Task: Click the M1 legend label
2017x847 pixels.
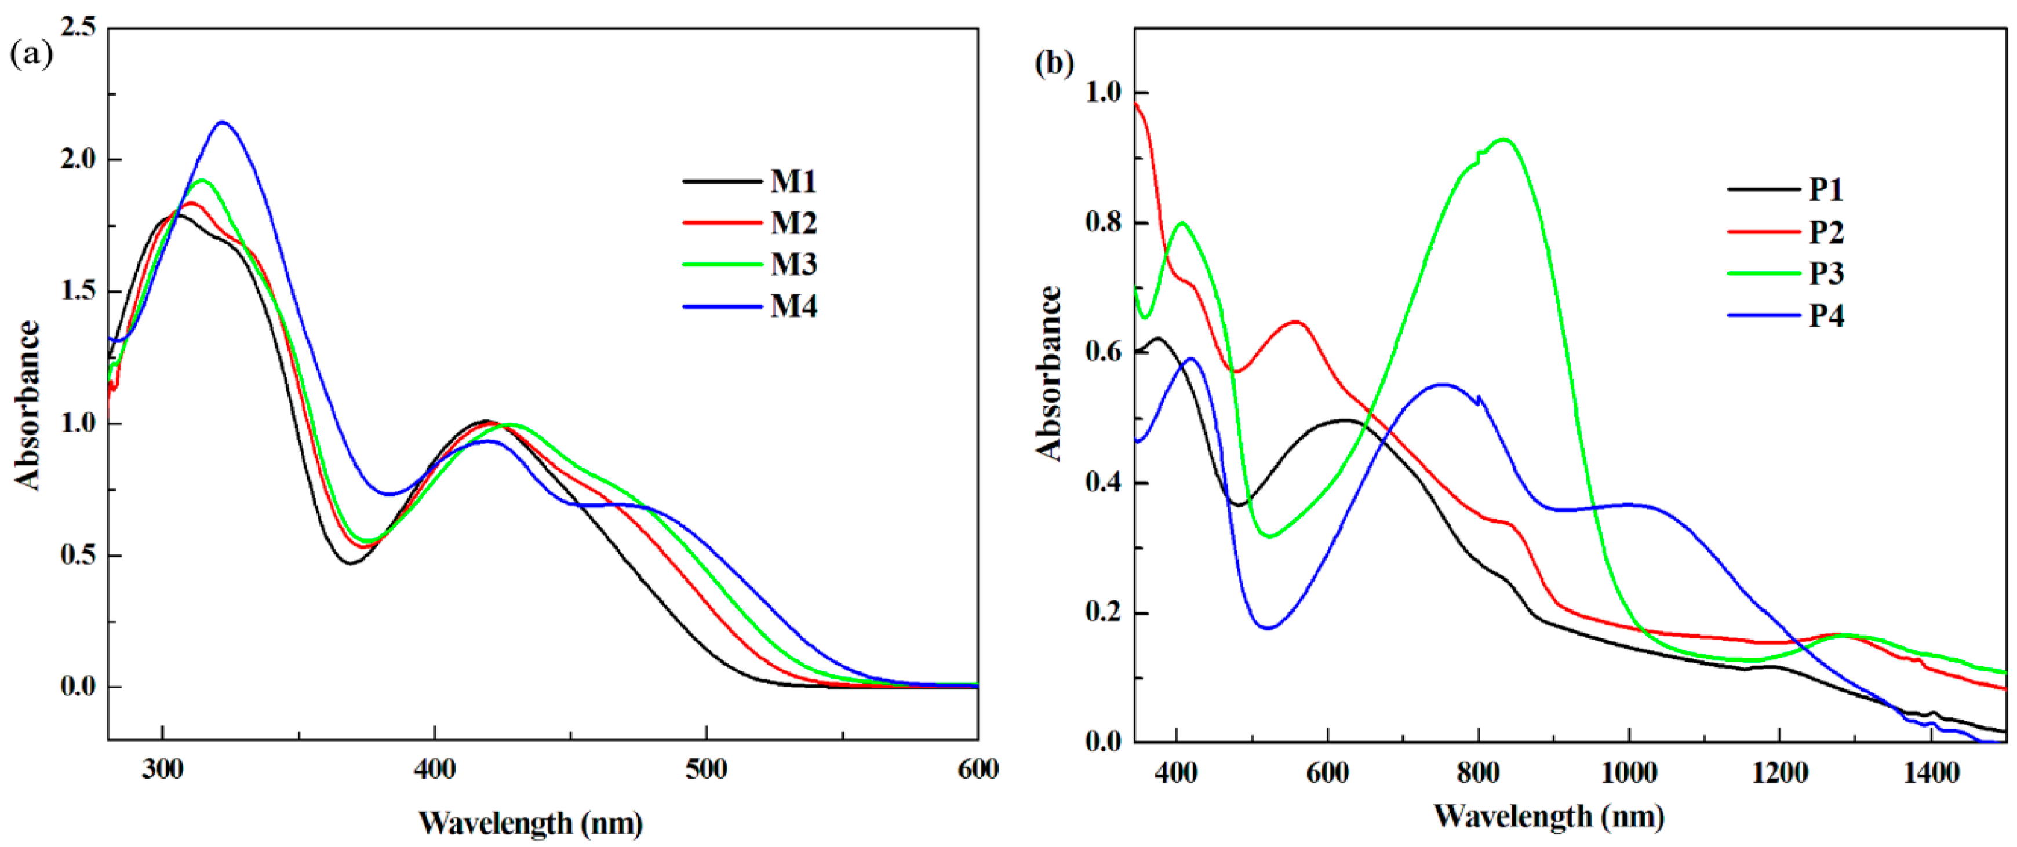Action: coord(793,181)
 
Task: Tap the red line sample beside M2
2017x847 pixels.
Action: coord(722,223)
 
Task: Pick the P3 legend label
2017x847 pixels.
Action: coord(1826,273)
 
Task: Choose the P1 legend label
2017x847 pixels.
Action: coord(1826,189)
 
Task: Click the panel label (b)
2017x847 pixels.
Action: coord(1054,63)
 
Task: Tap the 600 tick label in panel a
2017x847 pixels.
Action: coord(978,769)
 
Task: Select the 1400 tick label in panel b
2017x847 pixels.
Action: coord(1931,773)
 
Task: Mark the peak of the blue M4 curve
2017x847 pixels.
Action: coord(223,122)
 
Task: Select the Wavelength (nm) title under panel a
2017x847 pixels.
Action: coord(530,823)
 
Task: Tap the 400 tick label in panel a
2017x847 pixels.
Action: coord(435,769)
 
